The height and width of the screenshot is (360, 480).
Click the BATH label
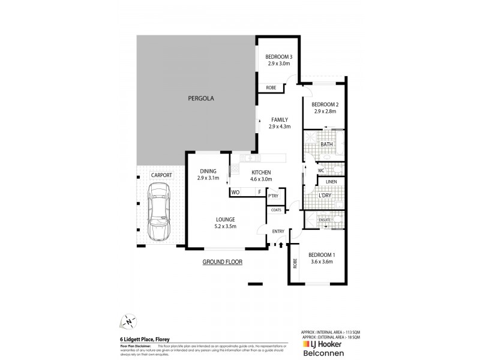click(x=327, y=145)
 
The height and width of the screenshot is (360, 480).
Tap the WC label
click(x=313, y=170)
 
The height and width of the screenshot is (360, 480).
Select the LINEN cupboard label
click(x=331, y=181)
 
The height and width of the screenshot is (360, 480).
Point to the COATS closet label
click(x=276, y=209)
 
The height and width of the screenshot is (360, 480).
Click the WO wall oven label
click(x=236, y=192)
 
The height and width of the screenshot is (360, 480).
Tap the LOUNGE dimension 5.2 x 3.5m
click(x=226, y=226)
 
